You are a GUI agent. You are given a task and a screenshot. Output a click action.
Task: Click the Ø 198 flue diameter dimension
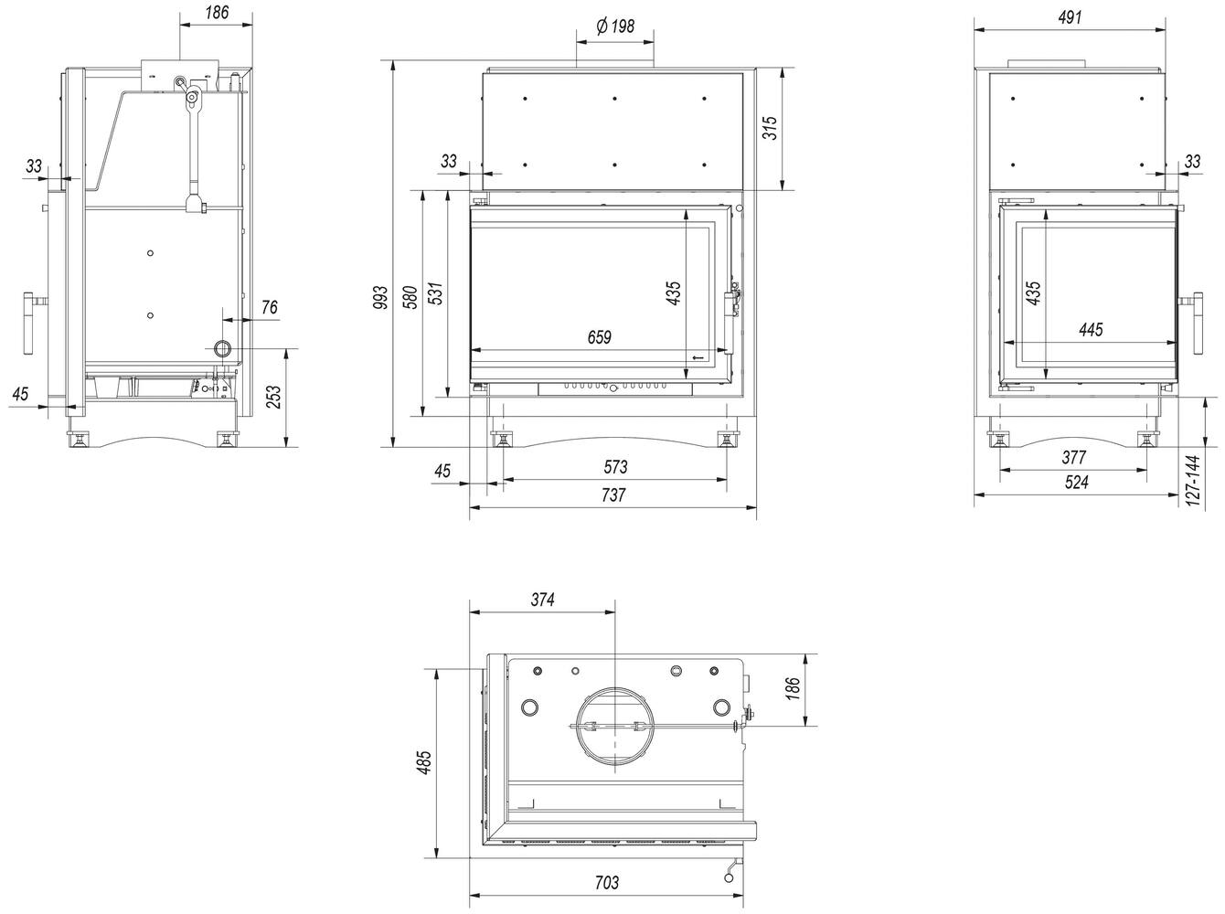coord(615,27)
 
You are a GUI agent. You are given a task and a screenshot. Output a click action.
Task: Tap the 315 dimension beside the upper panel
coord(770,128)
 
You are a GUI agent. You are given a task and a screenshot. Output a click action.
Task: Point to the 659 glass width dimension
coord(600,337)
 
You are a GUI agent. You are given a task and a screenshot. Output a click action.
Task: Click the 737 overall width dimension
coord(614,495)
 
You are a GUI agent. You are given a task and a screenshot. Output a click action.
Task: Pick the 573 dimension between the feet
coord(615,466)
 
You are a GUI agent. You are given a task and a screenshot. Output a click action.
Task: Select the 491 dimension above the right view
coord(1070,18)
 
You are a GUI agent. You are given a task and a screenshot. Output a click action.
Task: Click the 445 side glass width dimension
coord(1091,330)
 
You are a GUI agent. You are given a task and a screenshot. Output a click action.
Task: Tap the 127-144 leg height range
coord(1193,481)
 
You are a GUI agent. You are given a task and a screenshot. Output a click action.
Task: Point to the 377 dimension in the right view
coord(1074,458)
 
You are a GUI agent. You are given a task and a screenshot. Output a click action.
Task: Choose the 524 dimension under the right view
coord(1077,482)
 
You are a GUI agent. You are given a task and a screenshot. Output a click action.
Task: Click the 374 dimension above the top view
coord(542,600)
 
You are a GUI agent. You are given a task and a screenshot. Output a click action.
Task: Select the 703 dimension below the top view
coord(607,883)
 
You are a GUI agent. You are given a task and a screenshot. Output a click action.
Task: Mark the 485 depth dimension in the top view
coord(423,762)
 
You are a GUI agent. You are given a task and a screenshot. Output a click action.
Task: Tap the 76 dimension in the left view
coord(269,307)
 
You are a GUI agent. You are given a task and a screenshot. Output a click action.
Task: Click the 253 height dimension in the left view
coord(273,397)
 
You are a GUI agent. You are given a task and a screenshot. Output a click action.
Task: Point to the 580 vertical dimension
coord(410,297)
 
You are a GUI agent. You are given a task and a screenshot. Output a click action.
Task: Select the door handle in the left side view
coord(29,323)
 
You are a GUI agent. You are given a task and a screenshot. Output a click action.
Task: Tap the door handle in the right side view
coord(1198,323)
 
